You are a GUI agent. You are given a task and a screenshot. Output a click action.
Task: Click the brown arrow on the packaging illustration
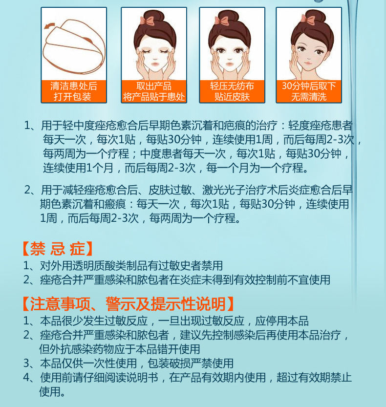point(49,25)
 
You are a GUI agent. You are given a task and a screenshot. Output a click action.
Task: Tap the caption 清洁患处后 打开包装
point(74,91)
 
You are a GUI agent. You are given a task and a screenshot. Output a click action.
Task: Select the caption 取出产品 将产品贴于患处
point(154,91)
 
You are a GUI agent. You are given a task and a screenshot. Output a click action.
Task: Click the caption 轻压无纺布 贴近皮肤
point(232,91)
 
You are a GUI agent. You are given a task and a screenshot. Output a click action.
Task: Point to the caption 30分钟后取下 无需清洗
point(309,91)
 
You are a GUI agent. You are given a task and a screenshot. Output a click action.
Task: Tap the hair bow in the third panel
point(222,20)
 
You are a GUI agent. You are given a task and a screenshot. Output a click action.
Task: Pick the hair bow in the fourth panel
point(308,19)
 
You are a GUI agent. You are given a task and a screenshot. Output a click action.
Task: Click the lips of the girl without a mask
point(308,63)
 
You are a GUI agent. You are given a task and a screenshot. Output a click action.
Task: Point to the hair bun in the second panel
point(154,17)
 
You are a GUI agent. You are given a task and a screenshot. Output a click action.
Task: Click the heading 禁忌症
point(58,249)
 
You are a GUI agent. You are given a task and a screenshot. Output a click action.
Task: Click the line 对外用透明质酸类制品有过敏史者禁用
point(123,265)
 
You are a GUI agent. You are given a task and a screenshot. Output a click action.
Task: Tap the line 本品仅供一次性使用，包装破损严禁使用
point(129,363)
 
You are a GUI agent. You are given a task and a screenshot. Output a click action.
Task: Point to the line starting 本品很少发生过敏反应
point(166,321)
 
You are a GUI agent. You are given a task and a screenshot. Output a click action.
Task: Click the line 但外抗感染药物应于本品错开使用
point(120,349)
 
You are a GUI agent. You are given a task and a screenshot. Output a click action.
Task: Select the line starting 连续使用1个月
point(176,168)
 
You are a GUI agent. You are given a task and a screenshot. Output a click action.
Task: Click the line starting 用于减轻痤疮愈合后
point(189,190)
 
